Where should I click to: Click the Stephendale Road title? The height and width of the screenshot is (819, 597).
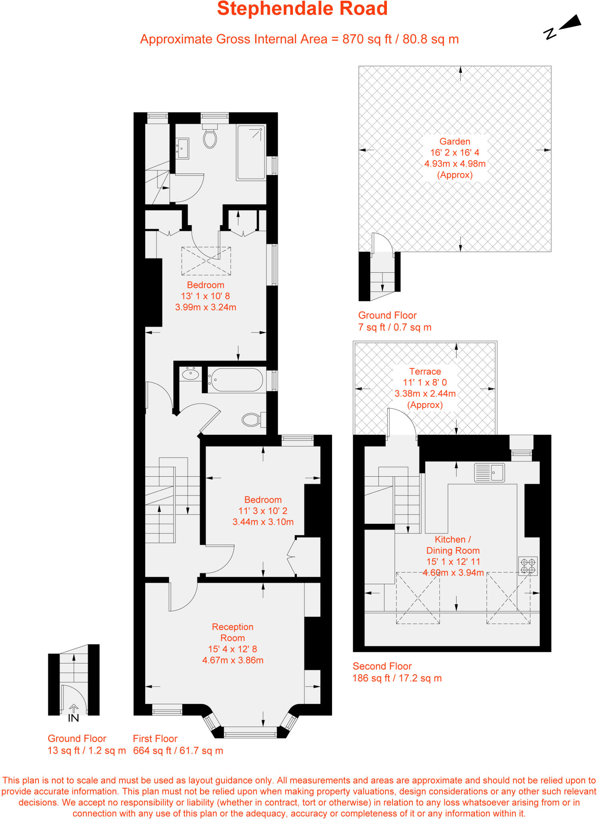click(302, 9)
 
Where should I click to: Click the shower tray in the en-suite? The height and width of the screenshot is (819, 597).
click(251, 152)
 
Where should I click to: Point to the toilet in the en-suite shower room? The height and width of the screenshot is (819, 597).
click(210, 137)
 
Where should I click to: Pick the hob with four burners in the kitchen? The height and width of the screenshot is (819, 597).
click(528, 566)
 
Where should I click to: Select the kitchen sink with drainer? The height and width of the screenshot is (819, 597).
click(489, 473)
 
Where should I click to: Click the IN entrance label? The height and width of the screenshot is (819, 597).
click(73, 718)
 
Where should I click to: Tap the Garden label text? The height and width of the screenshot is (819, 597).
click(455, 142)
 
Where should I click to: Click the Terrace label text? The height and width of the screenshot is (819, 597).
click(425, 372)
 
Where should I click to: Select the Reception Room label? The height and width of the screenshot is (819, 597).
click(232, 632)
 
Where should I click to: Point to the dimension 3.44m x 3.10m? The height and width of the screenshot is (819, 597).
click(263, 522)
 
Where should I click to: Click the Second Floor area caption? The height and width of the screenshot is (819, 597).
click(397, 672)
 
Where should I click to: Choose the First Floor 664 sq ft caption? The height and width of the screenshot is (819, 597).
click(178, 745)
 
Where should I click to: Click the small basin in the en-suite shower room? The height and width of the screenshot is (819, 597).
click(183, 149)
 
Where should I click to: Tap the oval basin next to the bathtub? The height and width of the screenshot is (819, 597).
click(190, 375)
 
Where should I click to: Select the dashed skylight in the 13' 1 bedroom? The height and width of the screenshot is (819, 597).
click(206, 261)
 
